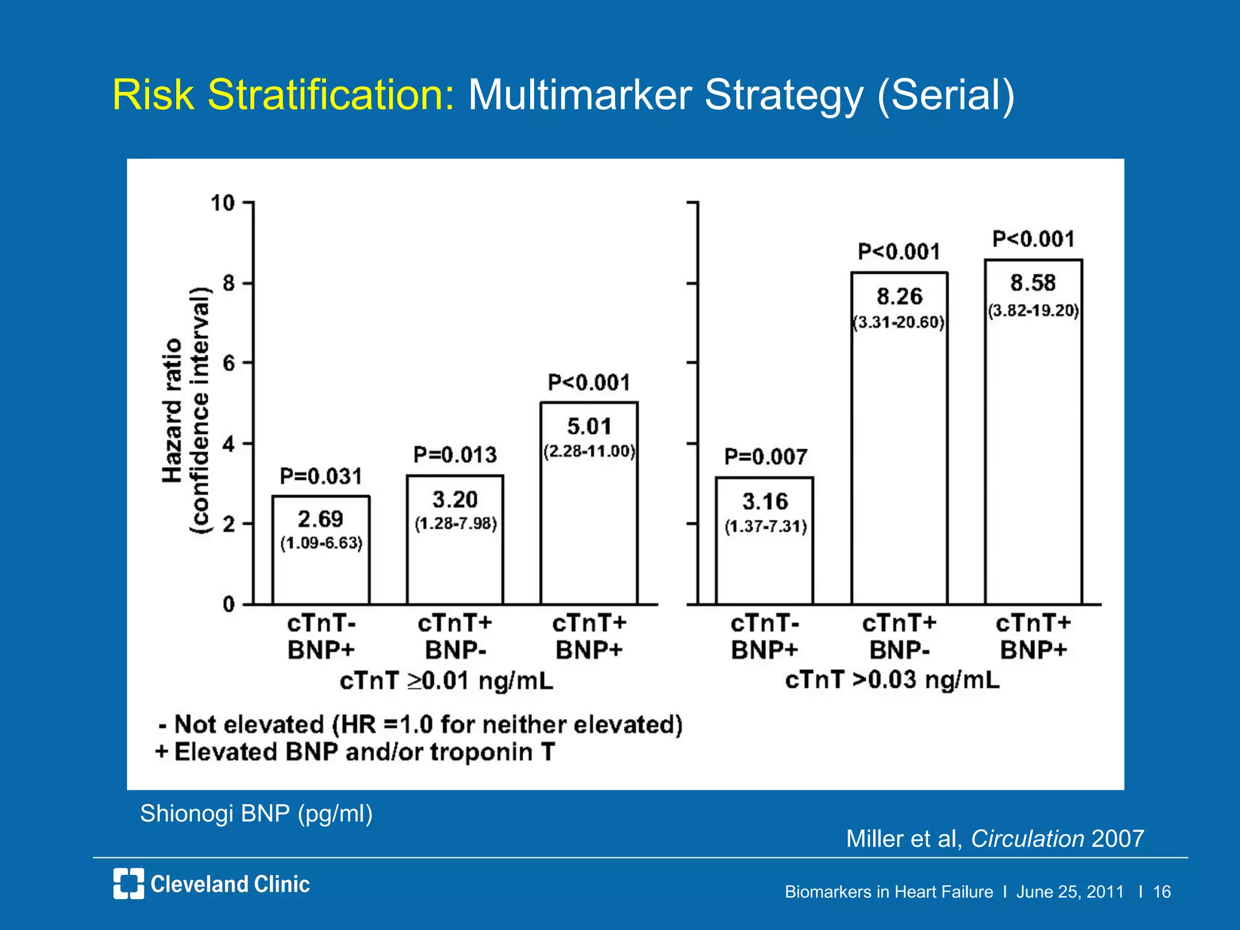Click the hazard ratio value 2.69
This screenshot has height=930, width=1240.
[x=320, y=519]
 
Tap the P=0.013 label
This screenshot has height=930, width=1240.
[x=455, y=455]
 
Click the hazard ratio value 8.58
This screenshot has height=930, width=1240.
[x=1033, y=283]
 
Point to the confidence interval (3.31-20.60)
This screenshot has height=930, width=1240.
[x=899, y=322]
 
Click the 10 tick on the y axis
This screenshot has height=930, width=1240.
[x=223, y=203]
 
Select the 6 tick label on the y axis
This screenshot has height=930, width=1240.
[x=229, y=363]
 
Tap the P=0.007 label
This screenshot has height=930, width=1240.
[x=766, y=457]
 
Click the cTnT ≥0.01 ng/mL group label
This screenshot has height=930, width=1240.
[x=446, y=681]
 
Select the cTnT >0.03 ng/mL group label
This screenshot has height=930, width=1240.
[x=892, y=680]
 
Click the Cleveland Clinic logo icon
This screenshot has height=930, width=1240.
[x=128, y=883]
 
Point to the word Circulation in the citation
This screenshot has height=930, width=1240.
[x=1027, y=839]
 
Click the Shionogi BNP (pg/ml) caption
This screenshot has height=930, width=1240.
[x=256, y=813]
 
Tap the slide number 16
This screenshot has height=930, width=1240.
[x=1161, y=892]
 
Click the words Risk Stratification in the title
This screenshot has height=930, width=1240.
[x=283, y=95]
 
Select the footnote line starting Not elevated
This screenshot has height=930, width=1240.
[x=421, y=724]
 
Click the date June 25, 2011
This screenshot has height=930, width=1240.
[x=1070, y=892]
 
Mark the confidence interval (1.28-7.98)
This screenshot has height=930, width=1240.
[x=455, y=523]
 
